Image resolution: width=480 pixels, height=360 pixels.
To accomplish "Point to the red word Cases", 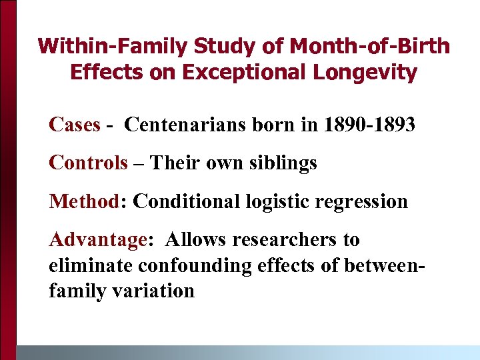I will pyautogui.click(x=74, y=125).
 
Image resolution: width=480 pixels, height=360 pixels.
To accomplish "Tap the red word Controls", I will pyautogui.click(x=88, y=163).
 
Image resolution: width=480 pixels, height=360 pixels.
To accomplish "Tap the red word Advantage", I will pyautogui.click(x=97, y=239).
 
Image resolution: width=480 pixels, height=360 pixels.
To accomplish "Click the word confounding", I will pyautogui.click(x=195, y=265).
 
